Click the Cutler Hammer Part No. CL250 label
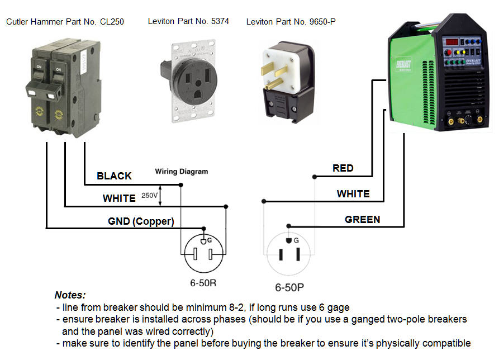pos(65,22)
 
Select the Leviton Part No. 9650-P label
pos(291,22)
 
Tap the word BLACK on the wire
pos(114,176)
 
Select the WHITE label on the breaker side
pos(118,198)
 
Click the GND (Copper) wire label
pos(141,221)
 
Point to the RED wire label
pos(343,168)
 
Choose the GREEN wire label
pos(362,220)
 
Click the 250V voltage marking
pos(149,196)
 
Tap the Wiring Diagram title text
pos(181,172)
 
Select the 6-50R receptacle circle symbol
pos(203,253)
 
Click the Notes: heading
pos(70,295)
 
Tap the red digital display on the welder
pos(452,42)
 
